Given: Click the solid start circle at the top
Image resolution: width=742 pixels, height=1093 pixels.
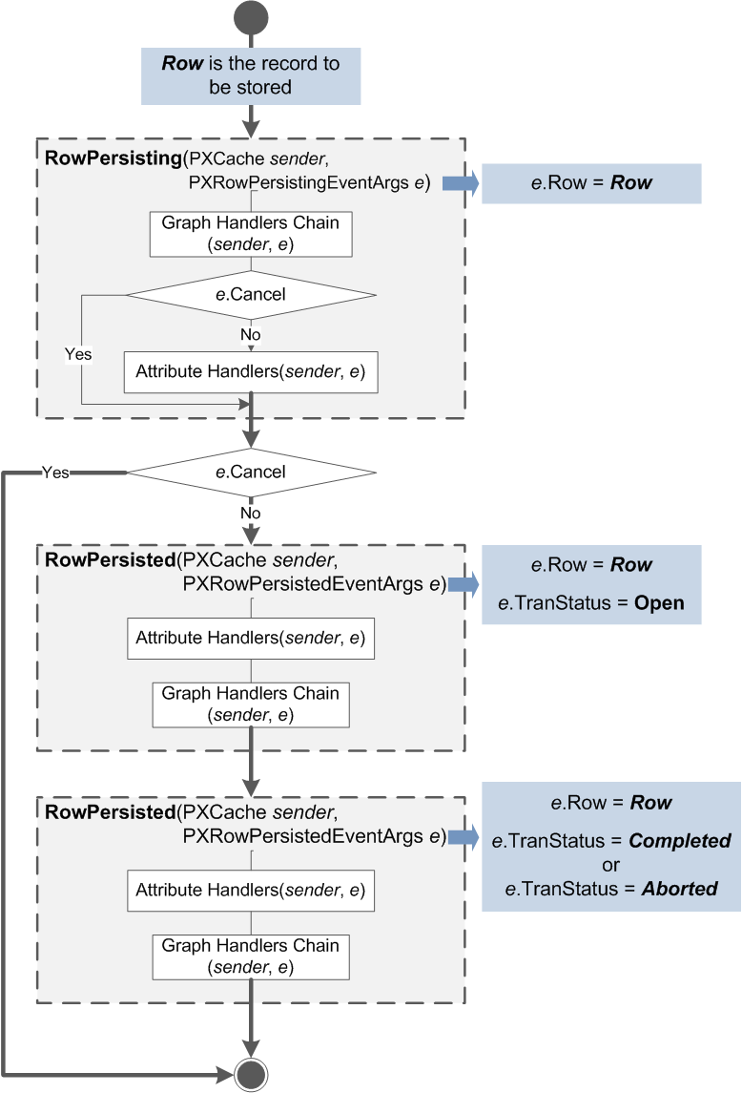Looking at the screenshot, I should tap(251, 19).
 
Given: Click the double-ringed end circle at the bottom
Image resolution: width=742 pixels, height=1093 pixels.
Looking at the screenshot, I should tap(251, 1074).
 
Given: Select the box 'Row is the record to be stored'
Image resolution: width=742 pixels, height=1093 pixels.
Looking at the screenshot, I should tap(251, 76).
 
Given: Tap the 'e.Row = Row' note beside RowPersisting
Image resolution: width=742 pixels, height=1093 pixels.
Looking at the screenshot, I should tap(591, 183).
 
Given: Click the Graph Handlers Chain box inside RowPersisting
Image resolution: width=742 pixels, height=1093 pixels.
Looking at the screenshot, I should tap(251, 234).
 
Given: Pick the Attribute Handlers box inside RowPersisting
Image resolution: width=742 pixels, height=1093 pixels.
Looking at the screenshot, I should tap(251, 370).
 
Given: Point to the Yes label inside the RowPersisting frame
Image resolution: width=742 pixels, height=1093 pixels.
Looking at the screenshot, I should tap(78, 354).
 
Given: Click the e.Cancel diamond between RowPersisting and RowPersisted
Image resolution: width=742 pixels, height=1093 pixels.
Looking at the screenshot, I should tap(251, 472).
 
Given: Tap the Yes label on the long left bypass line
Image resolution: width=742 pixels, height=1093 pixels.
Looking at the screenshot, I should tap(55, 472).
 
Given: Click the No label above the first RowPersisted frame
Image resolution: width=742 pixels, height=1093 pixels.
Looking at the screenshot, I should tap(251, 513).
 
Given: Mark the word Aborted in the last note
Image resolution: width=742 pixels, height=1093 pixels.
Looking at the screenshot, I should tap(679, 888).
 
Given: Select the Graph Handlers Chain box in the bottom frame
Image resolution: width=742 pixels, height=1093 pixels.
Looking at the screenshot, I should tap(251, 956).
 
